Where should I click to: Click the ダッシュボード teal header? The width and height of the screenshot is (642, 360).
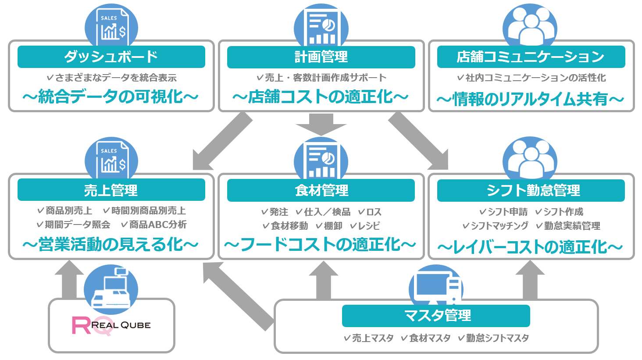click(x=111, y=57)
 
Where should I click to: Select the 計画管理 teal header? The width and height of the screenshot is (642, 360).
click(x=321, y=57)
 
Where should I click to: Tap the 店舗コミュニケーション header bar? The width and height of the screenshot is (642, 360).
click(x=531, y=57)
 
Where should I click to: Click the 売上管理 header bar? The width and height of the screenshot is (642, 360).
click(x=111, y=190)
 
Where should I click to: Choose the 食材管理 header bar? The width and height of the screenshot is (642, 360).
click(x=321, y=190)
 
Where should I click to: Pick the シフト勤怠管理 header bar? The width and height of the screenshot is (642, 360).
click(x=531, y=190)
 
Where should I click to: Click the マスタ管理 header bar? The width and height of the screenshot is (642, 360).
click(x=436, y=316)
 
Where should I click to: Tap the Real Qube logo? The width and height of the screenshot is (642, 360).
click(x=111, y=325)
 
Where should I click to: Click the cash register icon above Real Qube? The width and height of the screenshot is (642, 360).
click(x=111, y=289)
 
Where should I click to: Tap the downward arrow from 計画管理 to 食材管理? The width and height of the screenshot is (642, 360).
click(x=321, y=125)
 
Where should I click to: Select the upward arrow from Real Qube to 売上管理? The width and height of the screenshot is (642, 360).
click(x=69, y=279)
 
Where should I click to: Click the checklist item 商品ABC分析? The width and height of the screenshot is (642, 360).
click(x=154, y=225)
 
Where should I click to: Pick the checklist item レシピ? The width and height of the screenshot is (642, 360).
click(x=365, y=226)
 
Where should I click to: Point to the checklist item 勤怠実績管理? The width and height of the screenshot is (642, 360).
click(x=568, y=226)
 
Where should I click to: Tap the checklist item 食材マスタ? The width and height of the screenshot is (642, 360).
click(x=426, y=338)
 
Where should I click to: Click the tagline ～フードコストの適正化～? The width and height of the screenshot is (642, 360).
click(x=320, y=245)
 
